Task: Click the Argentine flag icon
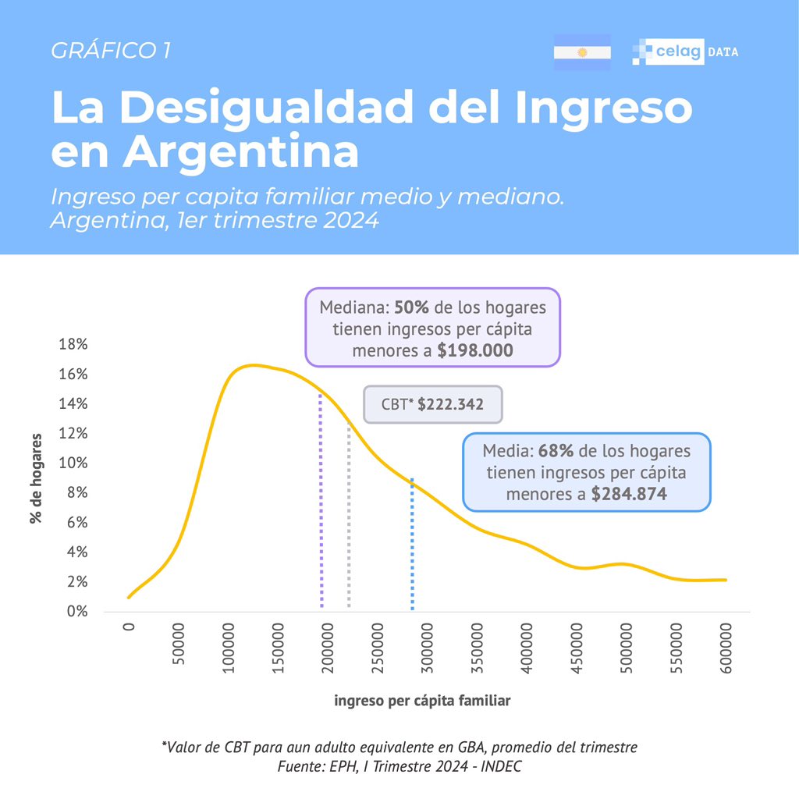click(581, 52)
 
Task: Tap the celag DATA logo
click(685, 52)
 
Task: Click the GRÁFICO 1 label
click(111, 51)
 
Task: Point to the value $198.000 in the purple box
click(475, 351)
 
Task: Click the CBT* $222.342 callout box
click(433, 405)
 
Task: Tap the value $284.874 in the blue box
click(629, 495)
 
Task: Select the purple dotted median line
click(321, 507)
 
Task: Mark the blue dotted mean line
click(411, 546)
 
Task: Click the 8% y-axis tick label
click(76, 493)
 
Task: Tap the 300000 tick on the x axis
click(428, 648)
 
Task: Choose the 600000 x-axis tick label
click(726, 648)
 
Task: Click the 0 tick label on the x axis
click(130, 627)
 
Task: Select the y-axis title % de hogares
click(37, 478)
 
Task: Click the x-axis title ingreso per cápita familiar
click(422, 701)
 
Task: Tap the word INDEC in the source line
click(500, 766)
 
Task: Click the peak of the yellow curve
click(251, 365)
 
